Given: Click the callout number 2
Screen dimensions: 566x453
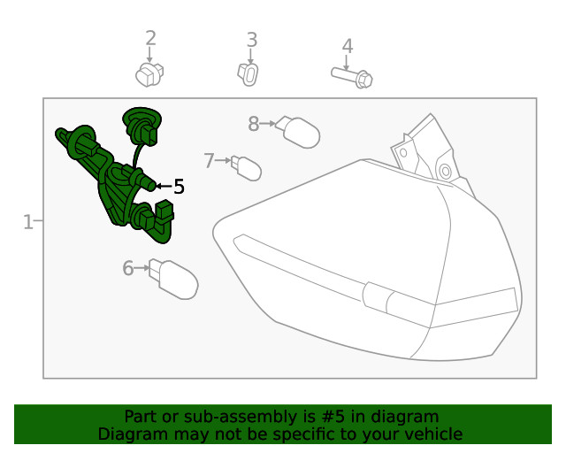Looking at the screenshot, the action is point(151,38).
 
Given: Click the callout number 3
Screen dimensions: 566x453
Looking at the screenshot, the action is point(252,40).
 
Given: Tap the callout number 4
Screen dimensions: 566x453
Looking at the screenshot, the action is point(348,46).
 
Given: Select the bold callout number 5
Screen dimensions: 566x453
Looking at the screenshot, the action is point(179,187).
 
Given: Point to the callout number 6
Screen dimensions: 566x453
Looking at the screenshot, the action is point(128,268).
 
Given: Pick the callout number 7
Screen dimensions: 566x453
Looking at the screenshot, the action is point(209,161).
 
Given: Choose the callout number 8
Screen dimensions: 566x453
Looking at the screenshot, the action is point(254,124).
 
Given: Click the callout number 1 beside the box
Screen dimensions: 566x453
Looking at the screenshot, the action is point(27,222).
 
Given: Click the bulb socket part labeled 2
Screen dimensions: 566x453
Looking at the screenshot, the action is point(149,74).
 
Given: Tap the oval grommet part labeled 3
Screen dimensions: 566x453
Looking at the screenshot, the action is point(249,74).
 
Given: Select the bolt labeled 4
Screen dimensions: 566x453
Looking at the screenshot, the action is point(352,77).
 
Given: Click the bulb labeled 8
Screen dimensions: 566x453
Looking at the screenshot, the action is point(298,132).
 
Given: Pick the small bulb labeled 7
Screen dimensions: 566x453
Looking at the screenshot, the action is point(246,168).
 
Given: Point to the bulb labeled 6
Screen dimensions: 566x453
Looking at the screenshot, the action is point(173,279).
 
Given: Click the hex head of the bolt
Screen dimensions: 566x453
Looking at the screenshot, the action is point(363,80).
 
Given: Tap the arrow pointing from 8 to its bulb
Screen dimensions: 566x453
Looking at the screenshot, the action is point(267,124).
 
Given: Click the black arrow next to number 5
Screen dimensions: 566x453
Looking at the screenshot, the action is point(164,186).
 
